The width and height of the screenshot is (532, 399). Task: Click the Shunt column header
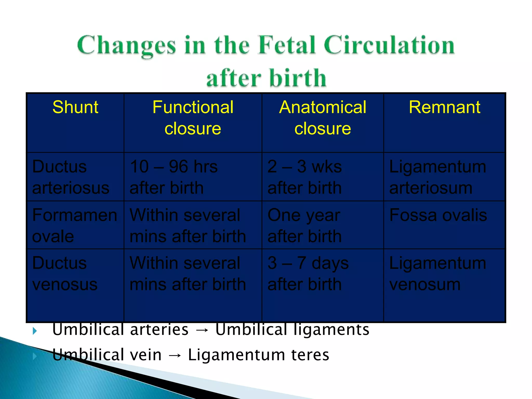(75, 107)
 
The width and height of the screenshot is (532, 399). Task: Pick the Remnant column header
(444, 107)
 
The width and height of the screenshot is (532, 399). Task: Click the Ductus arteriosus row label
(71, 177)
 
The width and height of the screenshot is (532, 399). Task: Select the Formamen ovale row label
(75, 225)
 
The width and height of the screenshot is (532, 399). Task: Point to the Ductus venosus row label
(65, 274)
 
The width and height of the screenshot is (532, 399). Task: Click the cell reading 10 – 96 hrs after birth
(174, 177)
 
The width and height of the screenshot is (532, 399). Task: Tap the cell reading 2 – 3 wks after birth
(305, 177)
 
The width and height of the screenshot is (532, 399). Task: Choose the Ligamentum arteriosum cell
(438, 177)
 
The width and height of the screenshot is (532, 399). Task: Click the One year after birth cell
(305, 225)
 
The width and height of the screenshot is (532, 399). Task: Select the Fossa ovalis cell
(438, 215)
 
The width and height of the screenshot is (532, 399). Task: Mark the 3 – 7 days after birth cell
(308, 274)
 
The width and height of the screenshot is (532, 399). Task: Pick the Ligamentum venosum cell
(438, 274)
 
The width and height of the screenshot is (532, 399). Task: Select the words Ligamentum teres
(258, 355)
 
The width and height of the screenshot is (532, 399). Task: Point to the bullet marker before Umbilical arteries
(35, 331)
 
